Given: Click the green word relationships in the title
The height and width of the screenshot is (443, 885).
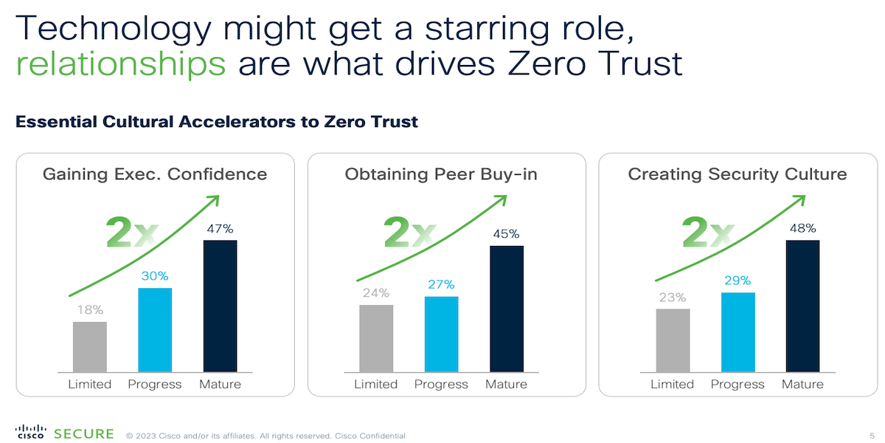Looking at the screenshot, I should click(120, 64).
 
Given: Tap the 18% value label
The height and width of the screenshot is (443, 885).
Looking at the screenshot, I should click(89, 309).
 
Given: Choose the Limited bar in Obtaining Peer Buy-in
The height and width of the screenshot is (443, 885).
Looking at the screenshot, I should click(376, 338).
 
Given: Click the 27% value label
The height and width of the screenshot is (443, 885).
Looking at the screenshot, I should click(441, 285).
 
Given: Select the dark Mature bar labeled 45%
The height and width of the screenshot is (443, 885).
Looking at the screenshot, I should click(506, 309).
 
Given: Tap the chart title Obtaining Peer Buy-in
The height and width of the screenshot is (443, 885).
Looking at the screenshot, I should click(441, 175).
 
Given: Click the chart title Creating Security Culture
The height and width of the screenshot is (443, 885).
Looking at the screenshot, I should click(737, 175).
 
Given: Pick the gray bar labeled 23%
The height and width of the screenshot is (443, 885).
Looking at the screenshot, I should click(673, 340).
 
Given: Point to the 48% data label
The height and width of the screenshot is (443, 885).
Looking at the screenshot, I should click(802, 228).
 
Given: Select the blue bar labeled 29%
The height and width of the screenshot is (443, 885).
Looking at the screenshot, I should click(737, 332).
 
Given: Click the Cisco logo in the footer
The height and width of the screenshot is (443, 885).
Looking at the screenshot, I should click(31, 433).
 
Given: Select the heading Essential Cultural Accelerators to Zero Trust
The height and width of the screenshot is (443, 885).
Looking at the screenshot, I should click(217, 122).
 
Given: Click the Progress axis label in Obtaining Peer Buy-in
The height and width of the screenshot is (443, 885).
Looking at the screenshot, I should click(441, 384).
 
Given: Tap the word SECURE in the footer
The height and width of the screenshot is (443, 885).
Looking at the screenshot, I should click(84, 434).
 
